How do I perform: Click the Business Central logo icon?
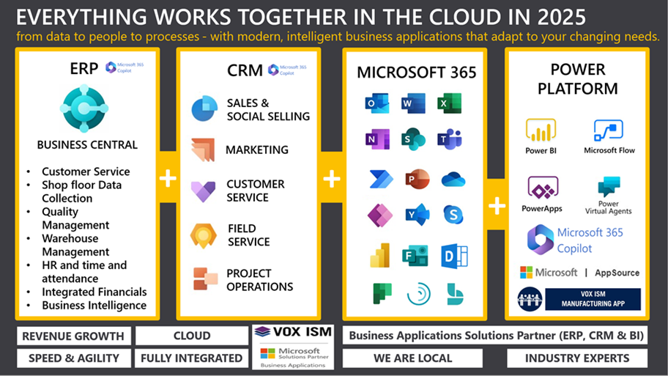pyautogui.click(x=84, y=108)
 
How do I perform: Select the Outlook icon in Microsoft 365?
pyautogui.click(x=376, y=103)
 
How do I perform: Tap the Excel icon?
pyautogui.click(x=450, y=103)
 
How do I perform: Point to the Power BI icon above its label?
pyautogui.click(x=541, y=131)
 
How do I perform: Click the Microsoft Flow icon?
pyautogui.click(x=609, y=131)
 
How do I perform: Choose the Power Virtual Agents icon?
pyautogui.click(x=609, y=187)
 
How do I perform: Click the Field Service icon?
pyautogui.click(x=203, y=235)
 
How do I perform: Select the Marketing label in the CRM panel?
pyautogui.click(x=256, y=150)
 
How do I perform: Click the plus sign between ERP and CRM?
pyautogui.click(x=168, y=178)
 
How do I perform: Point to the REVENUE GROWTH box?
pyautogui.click(x=73, y=336)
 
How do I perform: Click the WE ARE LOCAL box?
pyautogui.click(x=412, y=358)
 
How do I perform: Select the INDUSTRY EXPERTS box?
pyautogui.click(x=577, y=358)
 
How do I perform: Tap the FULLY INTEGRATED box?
pyautogui.click(x=191, y=358)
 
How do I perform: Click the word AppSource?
pyautogui.click(x=617, y=273)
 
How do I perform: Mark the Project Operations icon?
pyautogui.click(x=204, y=279)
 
